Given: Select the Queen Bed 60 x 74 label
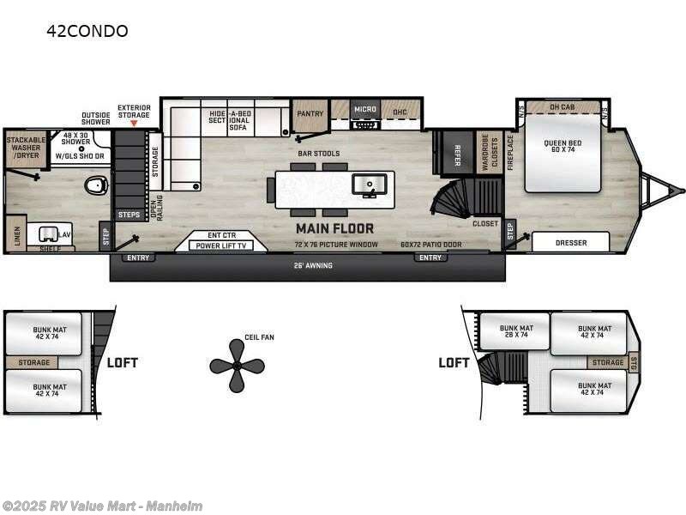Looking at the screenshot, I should [x=562, y=143].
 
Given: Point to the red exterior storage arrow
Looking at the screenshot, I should [x=134, y=124].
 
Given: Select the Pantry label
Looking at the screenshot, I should [x=309, y=113].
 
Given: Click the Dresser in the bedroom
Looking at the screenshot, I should [x=570, y=243].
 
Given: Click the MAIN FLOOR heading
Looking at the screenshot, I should [x=334, y=228].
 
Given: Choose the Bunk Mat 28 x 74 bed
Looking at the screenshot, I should [x=518, y=332].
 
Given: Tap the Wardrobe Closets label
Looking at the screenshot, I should [x=489, y=152].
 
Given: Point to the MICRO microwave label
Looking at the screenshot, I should [x=366, y=110].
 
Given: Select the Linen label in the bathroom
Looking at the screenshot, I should [x=17, y=233].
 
